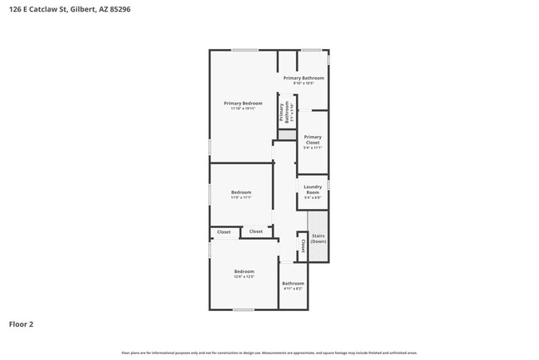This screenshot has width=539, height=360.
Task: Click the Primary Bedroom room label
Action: click(242, 103)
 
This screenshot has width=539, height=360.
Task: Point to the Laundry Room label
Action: click(312, 189)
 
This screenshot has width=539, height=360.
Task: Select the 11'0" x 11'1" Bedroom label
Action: click(241, 192)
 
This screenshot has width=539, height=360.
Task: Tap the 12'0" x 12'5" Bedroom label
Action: click(243, 272)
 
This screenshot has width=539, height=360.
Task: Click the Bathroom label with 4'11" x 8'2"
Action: click(294, 284)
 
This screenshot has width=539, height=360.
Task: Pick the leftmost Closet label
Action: click(224, 231)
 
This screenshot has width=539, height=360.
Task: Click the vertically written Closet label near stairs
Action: click(303, 246)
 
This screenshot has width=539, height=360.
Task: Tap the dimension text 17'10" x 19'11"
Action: click(242, 108)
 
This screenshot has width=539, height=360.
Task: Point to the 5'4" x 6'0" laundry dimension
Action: click(312, 197)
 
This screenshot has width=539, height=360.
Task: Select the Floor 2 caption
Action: click(22, 324)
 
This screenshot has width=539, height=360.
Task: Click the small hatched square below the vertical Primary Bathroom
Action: click(286, 134)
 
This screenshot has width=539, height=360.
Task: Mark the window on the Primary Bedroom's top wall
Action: click(244, 51)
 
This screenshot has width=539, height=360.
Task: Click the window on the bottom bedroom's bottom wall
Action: click(243, 309)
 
